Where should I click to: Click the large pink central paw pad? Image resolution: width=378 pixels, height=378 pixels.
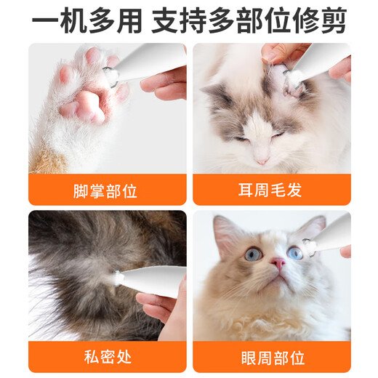coord(87,105)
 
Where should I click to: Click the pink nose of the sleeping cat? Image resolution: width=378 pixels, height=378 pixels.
coord(260,158)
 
